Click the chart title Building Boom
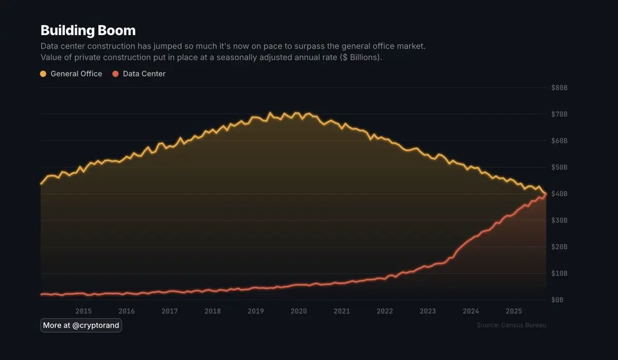click(88, 30)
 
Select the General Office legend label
click(76, 74)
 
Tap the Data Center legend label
click(144, 74)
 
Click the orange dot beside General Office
click(43, 74)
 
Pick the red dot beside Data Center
click(115, 74)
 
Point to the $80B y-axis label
click(559, 88)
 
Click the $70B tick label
click(559, 114)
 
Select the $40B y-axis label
click(559, 194)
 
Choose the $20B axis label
click(559, 247)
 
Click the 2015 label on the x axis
click(83, 311)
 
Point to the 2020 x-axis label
click(299, 311)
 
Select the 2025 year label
click(514, 311)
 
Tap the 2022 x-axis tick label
click(385, 311)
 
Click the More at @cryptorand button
click(81, 325)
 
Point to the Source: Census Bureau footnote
click(511, 325)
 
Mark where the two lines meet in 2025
click(545, 194)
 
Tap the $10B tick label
click(559, 273)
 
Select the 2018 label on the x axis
click(213, 311)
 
